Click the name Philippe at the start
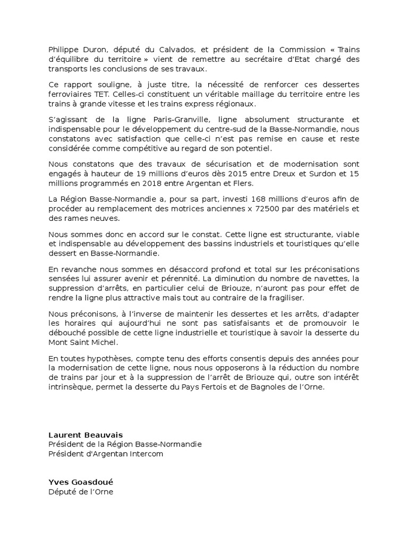pos(63,49)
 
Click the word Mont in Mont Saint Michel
pos(58,342)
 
